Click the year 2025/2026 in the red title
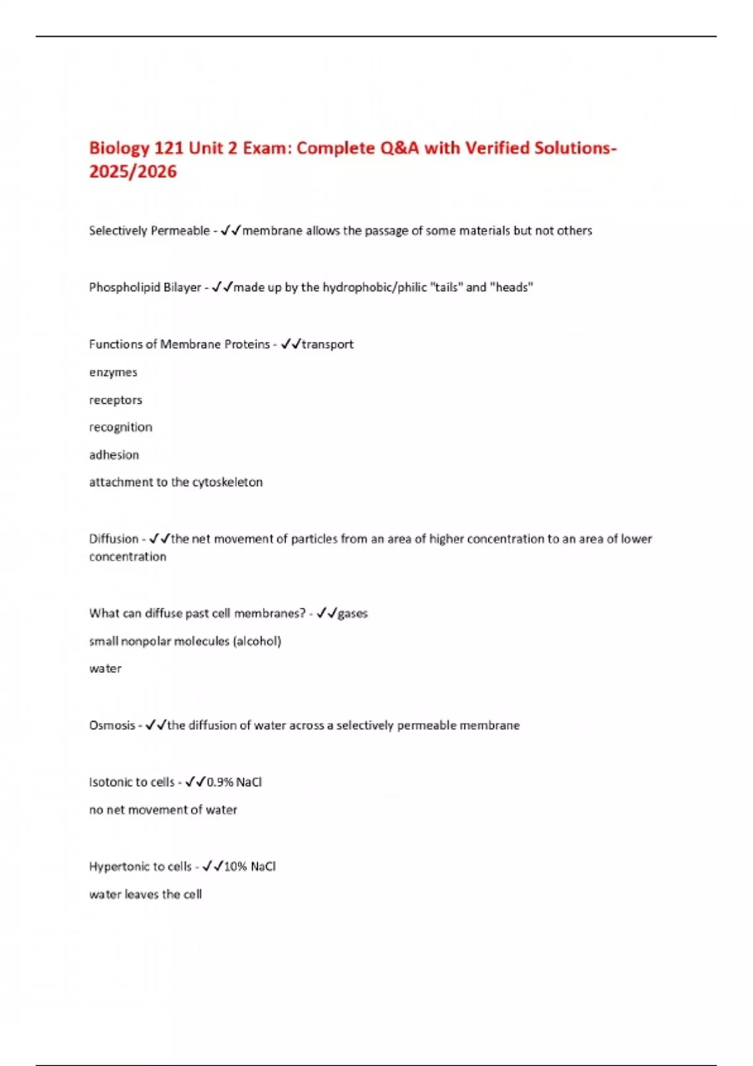point(133,172)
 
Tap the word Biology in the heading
point(119,149)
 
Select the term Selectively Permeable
point(149,231)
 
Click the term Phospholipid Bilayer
point(145,287)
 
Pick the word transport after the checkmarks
point(328,344)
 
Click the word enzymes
point(113,372)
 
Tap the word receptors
point(115,400)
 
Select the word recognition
point(120,428)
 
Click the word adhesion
point(114,455)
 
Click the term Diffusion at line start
point(114,539)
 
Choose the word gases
point(353,613)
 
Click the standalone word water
point(105,668)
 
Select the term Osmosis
point(112,726)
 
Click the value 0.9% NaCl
point(234,782)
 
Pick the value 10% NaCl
point(250,867)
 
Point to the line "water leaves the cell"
point(146,894)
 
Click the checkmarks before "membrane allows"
point(230,231)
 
